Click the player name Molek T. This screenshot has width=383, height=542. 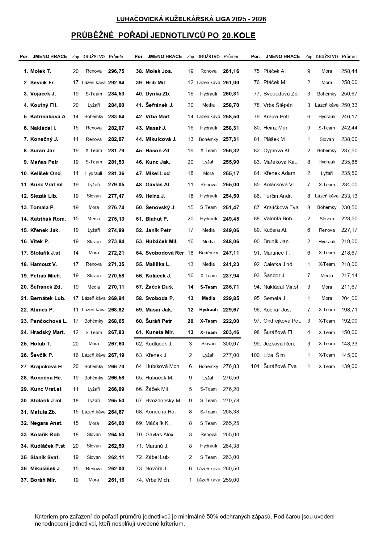click(40, 71)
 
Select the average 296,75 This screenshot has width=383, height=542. click(116, 71)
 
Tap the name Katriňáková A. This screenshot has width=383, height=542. click(48, 117)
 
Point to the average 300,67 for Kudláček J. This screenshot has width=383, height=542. click(231, 344)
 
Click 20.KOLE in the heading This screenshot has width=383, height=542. click(239, 36)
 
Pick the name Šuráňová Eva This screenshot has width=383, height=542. click(280, 366)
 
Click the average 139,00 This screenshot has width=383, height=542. click(349, 366)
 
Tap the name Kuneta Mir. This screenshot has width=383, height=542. click(160, 332)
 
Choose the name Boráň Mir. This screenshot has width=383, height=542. click(43, 480)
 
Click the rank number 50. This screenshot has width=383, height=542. click(139, 208)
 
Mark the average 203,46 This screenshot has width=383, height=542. click(231, 332)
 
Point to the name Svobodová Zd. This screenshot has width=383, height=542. click(281, 94)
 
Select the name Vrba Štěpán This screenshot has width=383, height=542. click(278, 105)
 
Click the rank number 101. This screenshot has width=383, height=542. click(256, 366)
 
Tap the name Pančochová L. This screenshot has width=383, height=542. click(49, 321)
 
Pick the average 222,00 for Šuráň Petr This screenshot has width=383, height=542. click(231, 321)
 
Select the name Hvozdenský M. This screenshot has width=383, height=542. click(163, 400)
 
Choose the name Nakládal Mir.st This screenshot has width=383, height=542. click(281, 287)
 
